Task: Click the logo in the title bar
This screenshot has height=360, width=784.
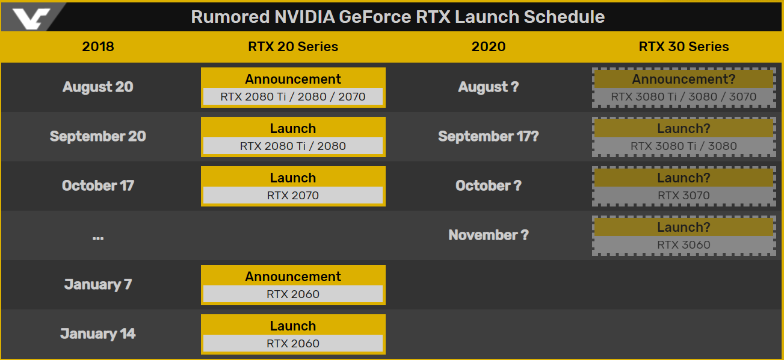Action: (31, 18)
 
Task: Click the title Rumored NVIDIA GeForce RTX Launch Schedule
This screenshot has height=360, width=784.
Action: (398, 17)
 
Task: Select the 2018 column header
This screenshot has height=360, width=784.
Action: (98, 46)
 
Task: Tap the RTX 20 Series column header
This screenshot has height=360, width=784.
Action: (293, 46)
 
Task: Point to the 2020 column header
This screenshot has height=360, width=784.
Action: (488, 46)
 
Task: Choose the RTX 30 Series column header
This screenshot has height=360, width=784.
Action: (684, 46)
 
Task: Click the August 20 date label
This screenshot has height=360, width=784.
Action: (98, 87)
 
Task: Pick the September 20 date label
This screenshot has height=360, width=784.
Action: (98, 136)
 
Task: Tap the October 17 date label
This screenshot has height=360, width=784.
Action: (98, 185)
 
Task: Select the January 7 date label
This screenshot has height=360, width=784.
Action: (98, 284)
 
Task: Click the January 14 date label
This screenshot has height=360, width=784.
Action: (98, 334)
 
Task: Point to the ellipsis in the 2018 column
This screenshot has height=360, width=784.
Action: (98, 238)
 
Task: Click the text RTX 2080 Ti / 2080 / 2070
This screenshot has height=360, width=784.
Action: (293, 97)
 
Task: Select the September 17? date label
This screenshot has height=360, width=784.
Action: (488, 136)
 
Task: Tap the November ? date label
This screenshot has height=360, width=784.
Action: (488, 235)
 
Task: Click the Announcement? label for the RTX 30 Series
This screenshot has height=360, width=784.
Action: (684, 79)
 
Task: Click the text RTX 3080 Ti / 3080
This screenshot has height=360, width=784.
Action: (684, 146)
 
